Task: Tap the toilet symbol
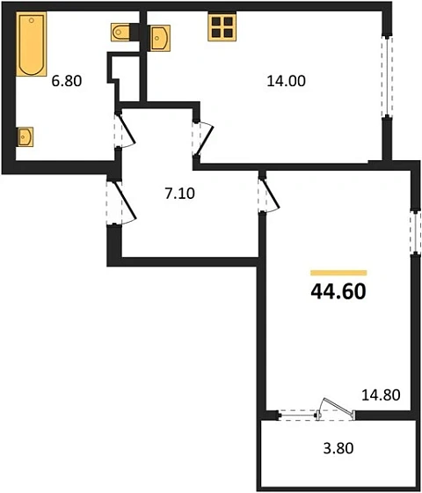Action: point(123,33)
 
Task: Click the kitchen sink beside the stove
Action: point(161,37)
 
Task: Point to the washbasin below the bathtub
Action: point(26,136)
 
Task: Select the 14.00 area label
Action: point(283,82)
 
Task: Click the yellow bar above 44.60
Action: point(338,273)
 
